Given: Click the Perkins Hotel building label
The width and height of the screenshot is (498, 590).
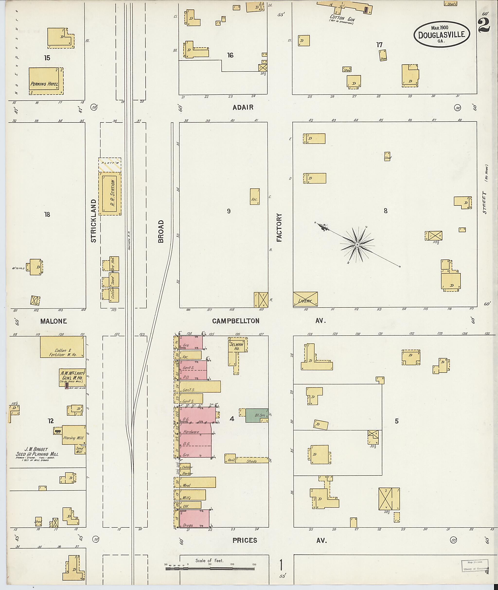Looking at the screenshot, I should pyautogui.click(x=44, y=84).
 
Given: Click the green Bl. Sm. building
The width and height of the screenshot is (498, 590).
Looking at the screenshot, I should pyautogui.click(x=256, y=415).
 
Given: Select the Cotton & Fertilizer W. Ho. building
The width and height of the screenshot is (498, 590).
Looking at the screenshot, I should pyautogui.click(x=62, y=347).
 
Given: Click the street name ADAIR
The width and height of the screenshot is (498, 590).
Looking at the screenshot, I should pyautogui.click(x=243, y=107).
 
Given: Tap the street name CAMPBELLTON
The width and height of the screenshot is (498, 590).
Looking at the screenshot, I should pyautogui.click(x=235, y=321).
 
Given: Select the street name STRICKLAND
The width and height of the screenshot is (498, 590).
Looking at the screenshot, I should pyautogui.click(x=94, y=221).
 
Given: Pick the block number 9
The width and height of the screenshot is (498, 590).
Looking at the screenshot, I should pyautogui.click(x=229, y=211).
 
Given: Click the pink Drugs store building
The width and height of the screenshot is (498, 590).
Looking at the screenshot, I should pyautogui.click(x=194, y=518).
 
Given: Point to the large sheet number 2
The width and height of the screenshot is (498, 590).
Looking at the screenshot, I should pyautogui.click(x=484, y=25).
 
